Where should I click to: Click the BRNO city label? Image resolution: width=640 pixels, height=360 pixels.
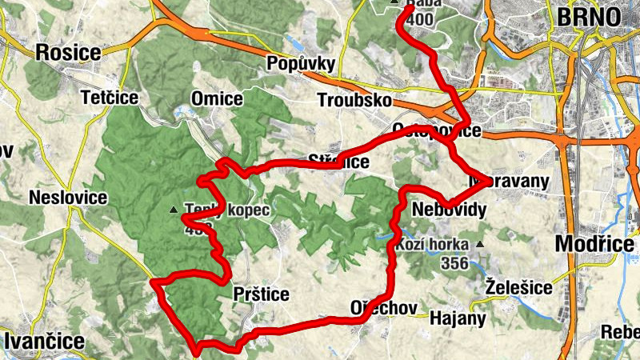(589, 17)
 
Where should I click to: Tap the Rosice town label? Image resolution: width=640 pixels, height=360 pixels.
(68, 53)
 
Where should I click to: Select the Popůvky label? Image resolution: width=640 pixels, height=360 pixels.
(300, 63)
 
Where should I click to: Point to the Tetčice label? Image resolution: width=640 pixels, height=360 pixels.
(110, 98)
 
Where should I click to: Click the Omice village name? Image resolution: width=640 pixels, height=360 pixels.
(217, 98)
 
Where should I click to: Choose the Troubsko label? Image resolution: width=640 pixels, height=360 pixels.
(354, 101)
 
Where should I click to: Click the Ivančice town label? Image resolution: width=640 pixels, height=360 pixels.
(44, 341)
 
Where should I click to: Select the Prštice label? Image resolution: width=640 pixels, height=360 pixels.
(260, 294)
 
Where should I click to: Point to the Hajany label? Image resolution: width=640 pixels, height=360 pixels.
(458, 318)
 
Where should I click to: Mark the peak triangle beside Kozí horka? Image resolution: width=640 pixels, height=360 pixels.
(480, 244)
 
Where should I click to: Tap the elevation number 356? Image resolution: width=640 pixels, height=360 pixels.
(453, 262)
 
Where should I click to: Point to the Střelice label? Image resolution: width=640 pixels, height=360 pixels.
(339, 162)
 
